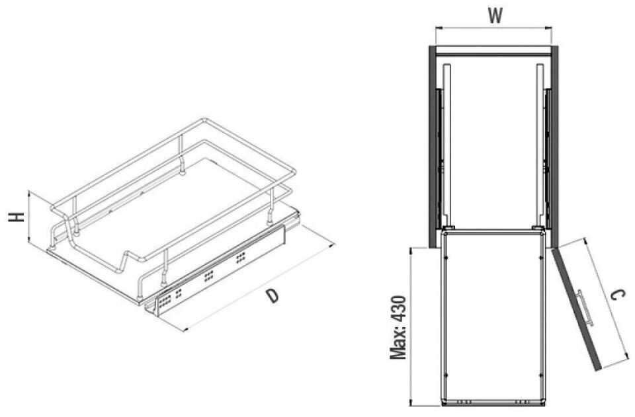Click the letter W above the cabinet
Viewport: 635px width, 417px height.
point(495,16)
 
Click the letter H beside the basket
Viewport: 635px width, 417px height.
point(16,217)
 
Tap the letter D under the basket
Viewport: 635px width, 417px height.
point(273,295)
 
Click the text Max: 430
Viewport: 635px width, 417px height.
point(398,327)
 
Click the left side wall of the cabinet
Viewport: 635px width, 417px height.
point(432,147)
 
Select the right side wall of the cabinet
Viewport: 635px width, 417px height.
point(555,147)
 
